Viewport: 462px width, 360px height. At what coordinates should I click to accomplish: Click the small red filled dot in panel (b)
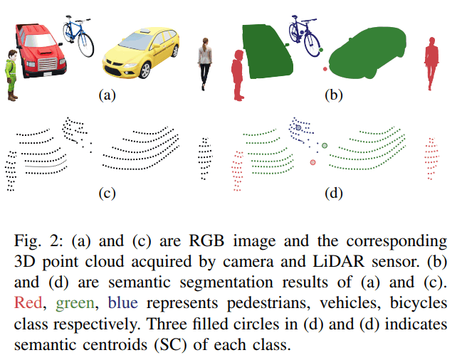pos(325,68)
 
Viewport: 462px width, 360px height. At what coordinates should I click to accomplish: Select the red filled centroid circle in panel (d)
pos(313,163)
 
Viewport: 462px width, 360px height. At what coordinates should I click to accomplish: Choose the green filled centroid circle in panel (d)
pos(325,145)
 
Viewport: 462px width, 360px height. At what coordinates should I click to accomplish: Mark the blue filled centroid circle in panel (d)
pos(299,127)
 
